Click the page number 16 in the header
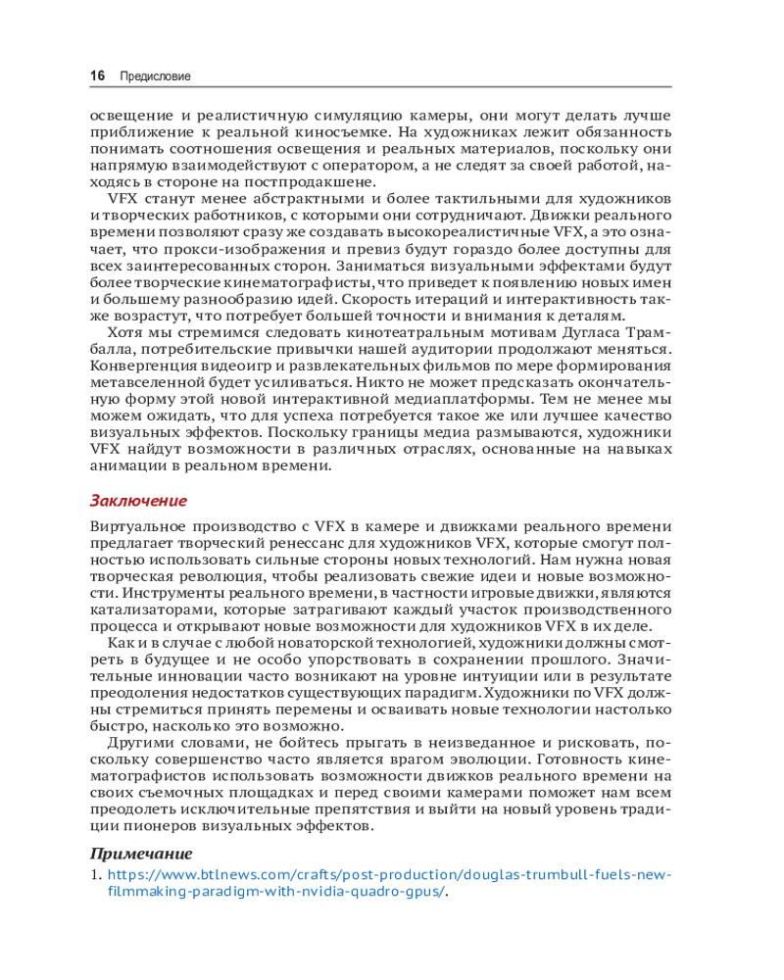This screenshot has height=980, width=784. point(97,75)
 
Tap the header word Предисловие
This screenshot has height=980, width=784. point(155,75)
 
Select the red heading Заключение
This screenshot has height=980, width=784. point(138,501)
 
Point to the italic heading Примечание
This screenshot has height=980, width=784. point(141,854)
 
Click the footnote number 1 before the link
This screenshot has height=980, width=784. point(94,873)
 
